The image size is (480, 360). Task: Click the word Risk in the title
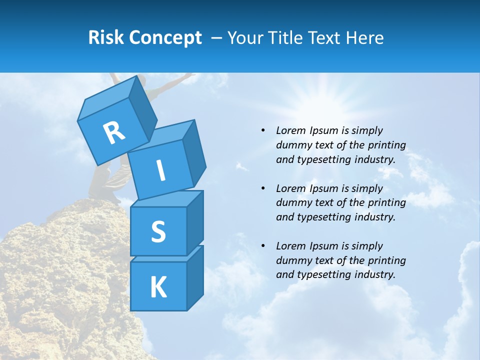pos(106,37)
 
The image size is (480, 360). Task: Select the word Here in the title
pos(364,37)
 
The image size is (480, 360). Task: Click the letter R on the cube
pos(113,132)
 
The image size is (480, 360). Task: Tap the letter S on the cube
pos(158,232)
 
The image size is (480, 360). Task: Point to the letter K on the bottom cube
pos(158,287)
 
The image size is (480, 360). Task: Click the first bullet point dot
pos(263,130)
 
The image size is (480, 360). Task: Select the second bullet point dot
pos(263,188)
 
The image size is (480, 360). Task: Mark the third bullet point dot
pos(263,246)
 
